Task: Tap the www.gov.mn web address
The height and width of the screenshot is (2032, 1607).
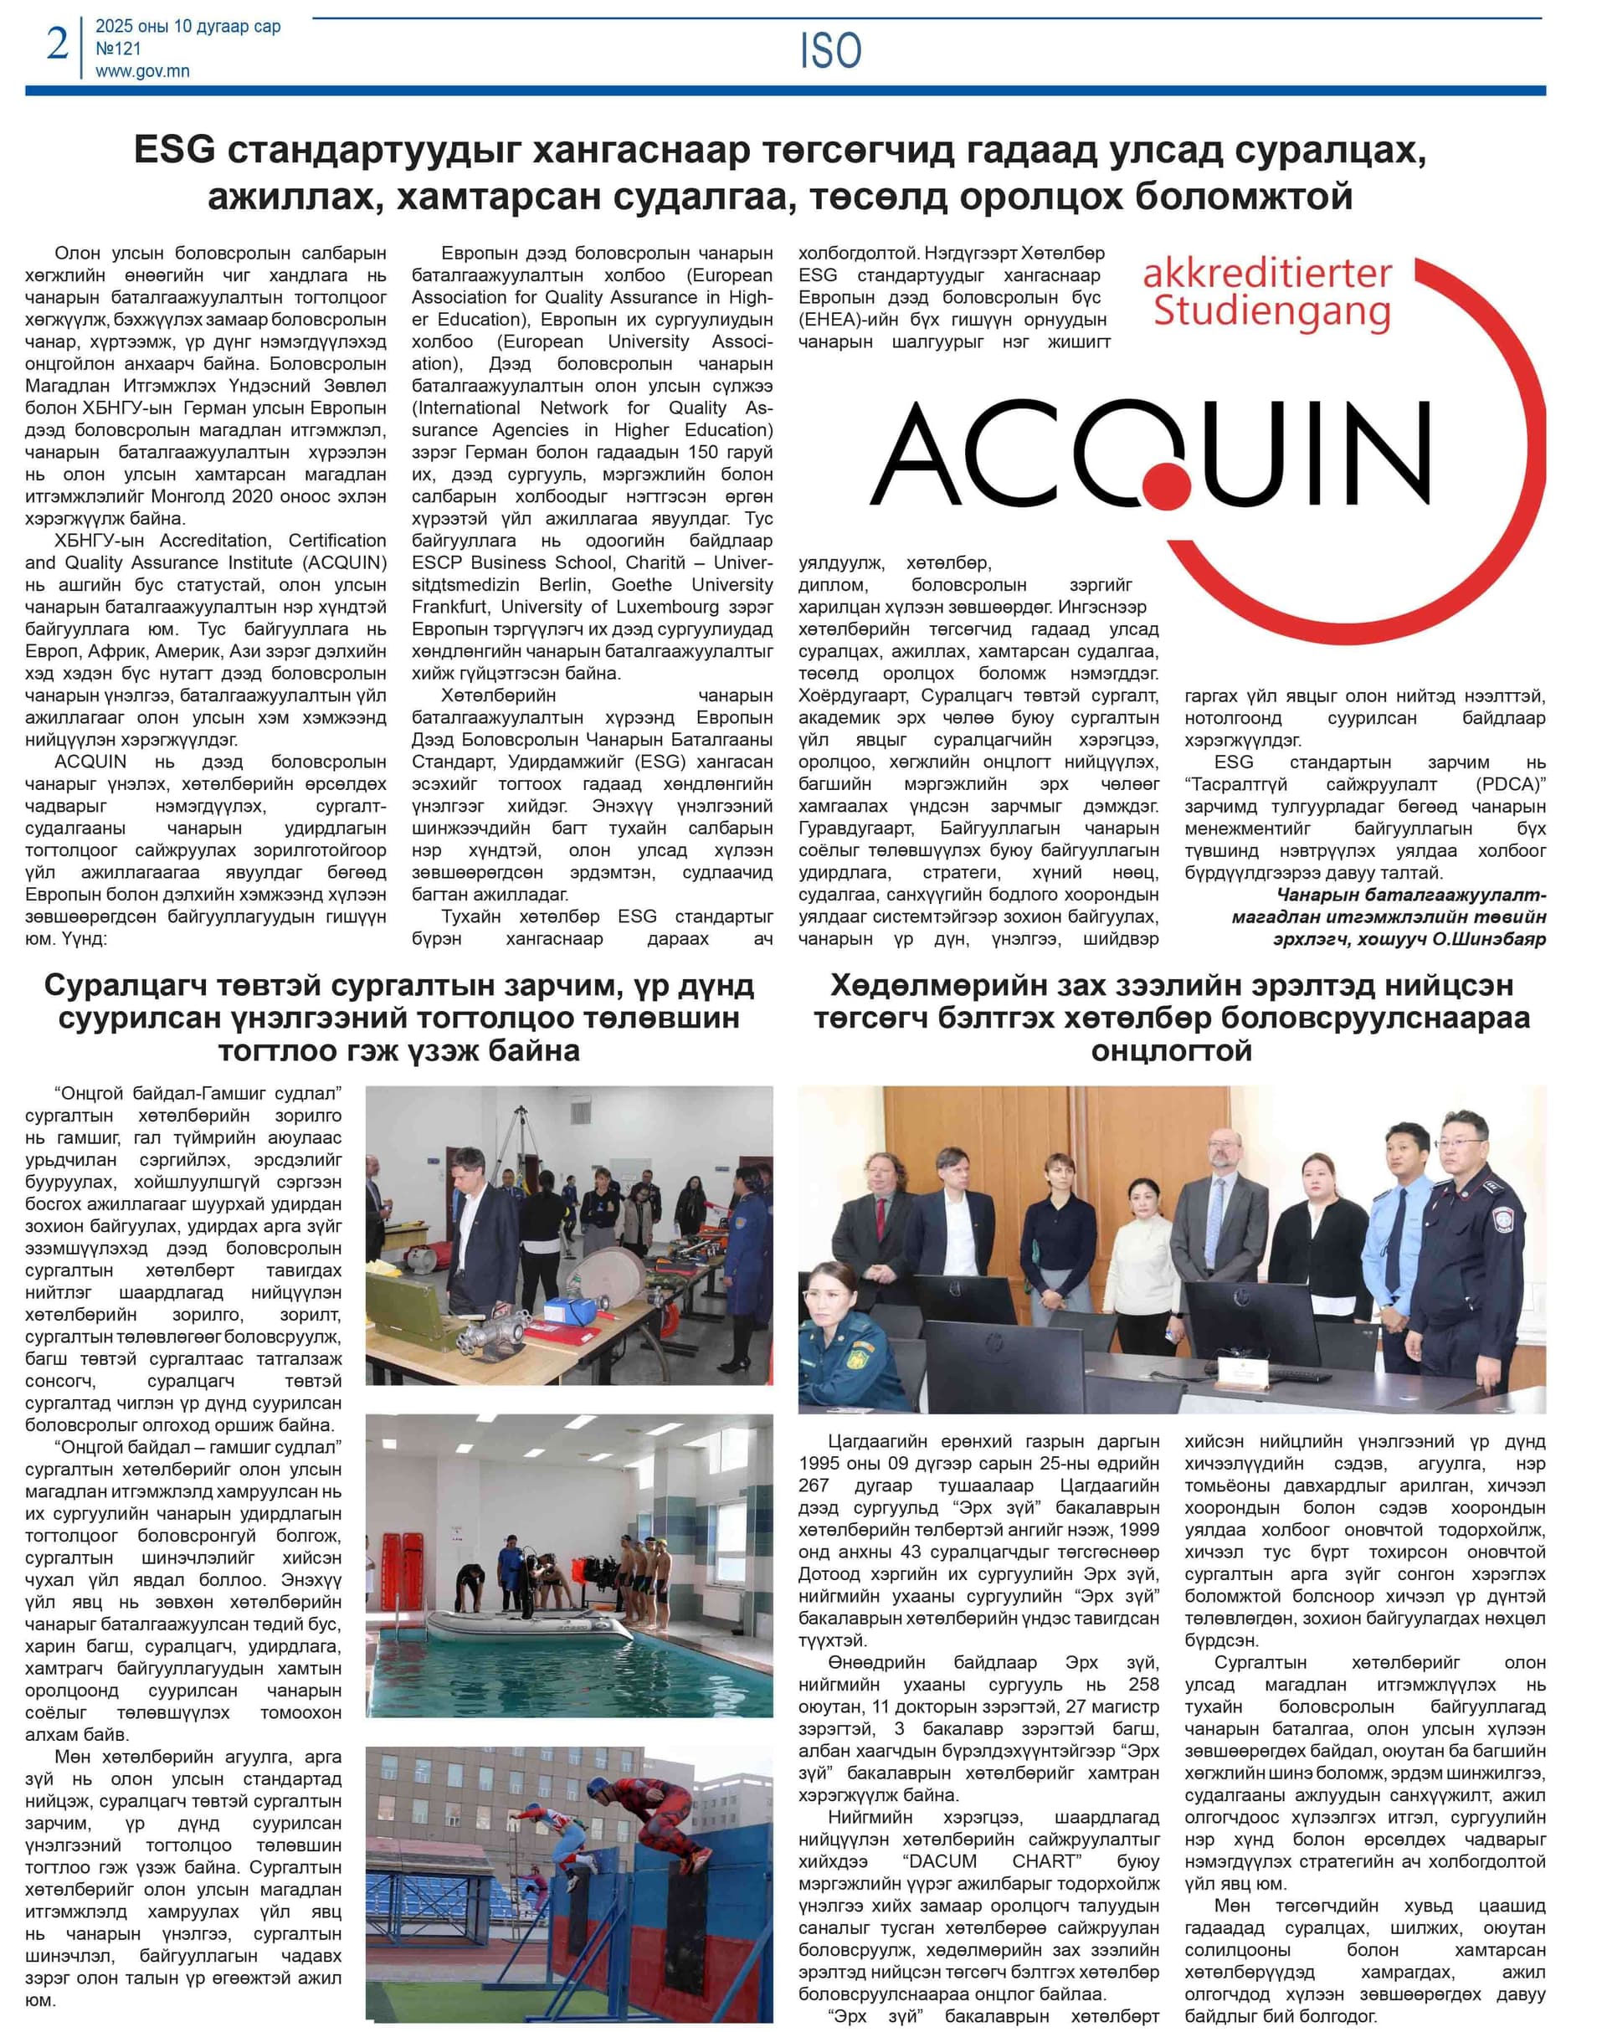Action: tap(142, 70)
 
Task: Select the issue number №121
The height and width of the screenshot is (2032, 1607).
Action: tap(119, 49)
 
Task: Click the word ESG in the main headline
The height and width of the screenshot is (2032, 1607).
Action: tap(176, 151)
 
